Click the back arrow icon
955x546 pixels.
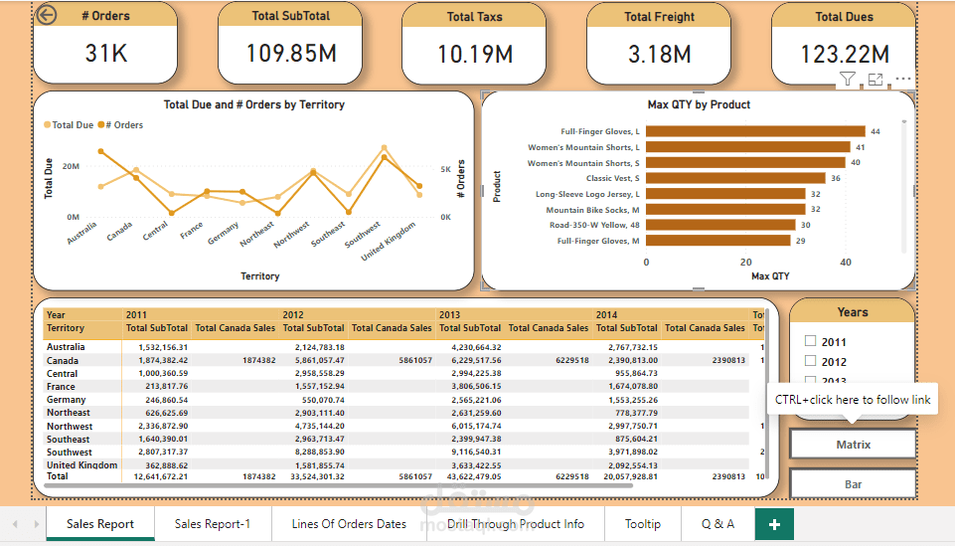point(46,15)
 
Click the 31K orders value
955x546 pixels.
point(105,54)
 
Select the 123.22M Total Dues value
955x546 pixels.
point(844,55)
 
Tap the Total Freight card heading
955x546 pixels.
point(659,17)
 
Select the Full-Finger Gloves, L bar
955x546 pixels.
point(756,131)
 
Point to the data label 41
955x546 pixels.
point(861,147)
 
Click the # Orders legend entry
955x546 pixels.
point(123,125)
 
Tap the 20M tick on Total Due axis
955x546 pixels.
point(71,166)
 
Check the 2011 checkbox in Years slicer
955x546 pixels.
point(810,341)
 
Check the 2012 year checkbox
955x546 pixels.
point(810,361)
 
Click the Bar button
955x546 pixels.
point(853,484)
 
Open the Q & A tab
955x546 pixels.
point(717,524)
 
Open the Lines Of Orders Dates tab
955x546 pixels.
point(349,524)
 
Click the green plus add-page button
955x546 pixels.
point(774,524)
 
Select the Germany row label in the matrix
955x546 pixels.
point(68,400)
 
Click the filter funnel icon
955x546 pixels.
point(847,80)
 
